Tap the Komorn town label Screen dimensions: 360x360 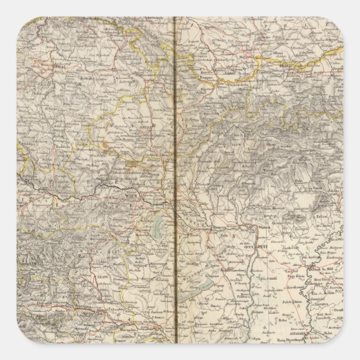pos(217,228)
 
